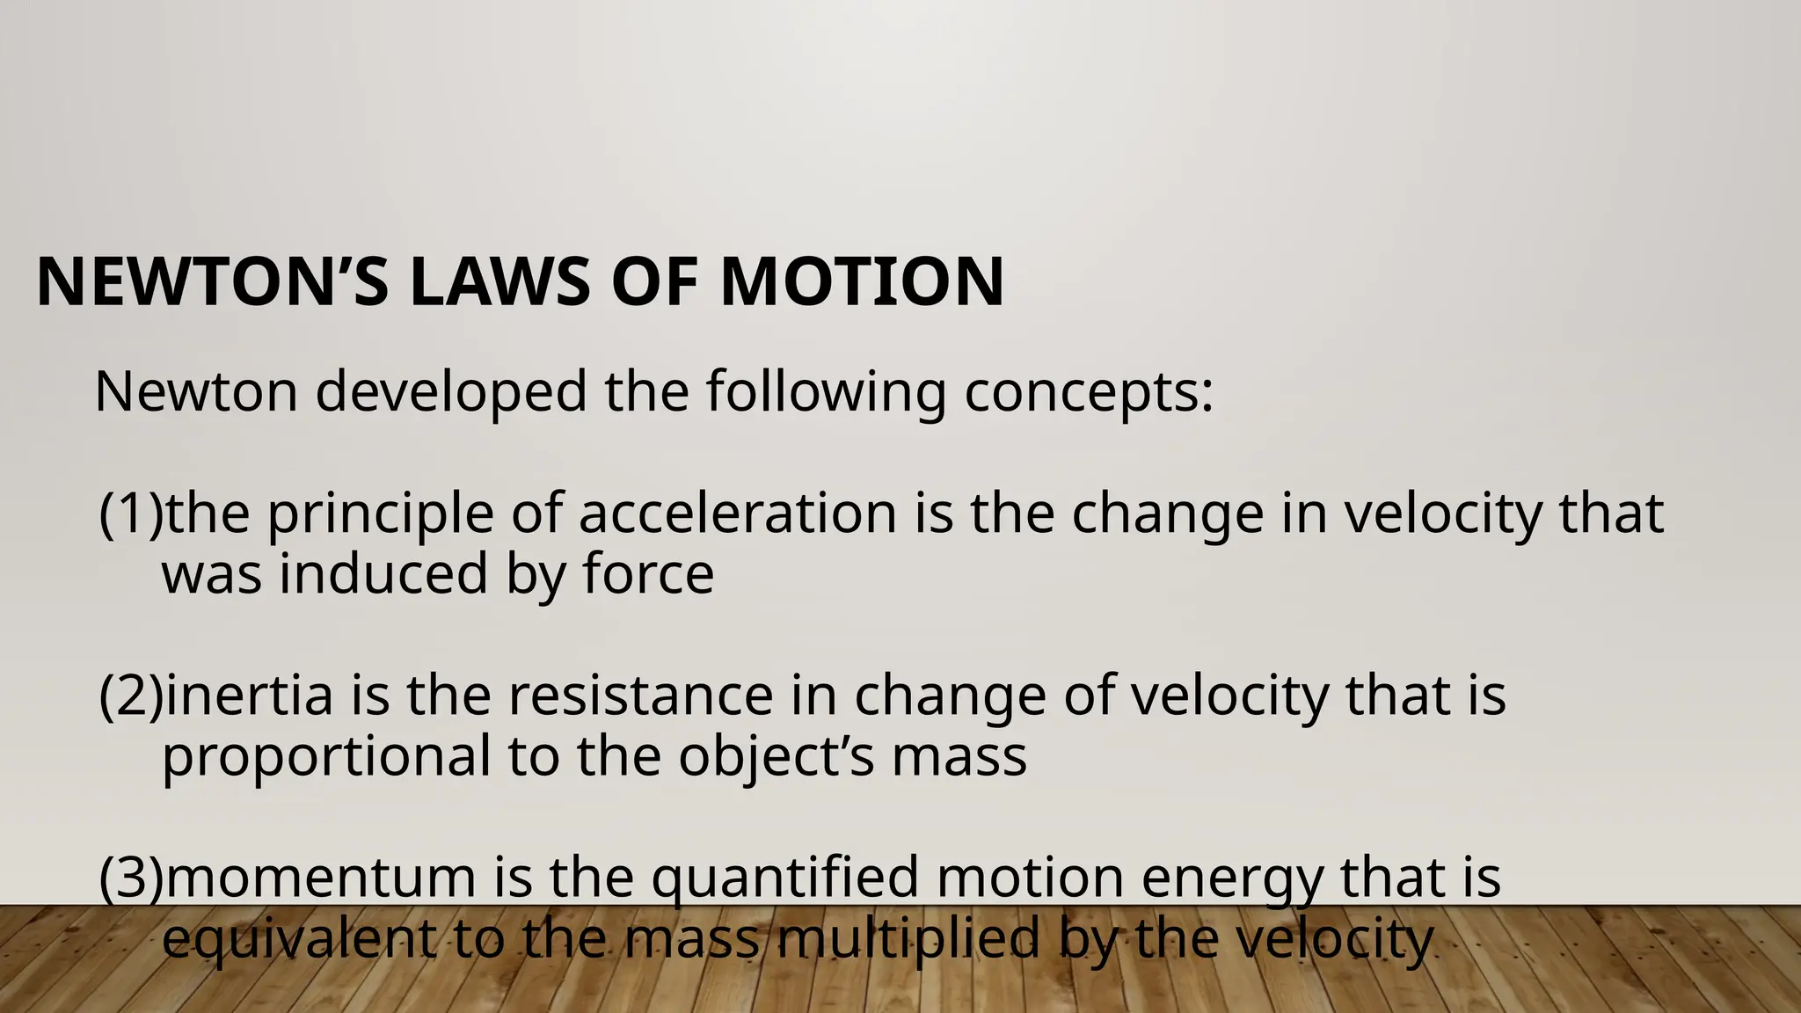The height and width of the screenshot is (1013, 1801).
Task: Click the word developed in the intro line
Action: pos(450,391)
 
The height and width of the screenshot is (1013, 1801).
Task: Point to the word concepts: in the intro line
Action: pos(1089,391)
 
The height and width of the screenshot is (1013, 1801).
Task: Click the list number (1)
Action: pos(131,514)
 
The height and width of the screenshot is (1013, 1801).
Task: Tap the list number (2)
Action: pos(131,696)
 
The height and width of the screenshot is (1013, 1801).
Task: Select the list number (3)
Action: pos(131,878)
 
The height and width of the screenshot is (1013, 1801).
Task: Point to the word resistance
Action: pos(640,696)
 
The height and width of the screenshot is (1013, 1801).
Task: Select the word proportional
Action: pos(326,757)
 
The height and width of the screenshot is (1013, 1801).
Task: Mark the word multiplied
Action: pos(907,939)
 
